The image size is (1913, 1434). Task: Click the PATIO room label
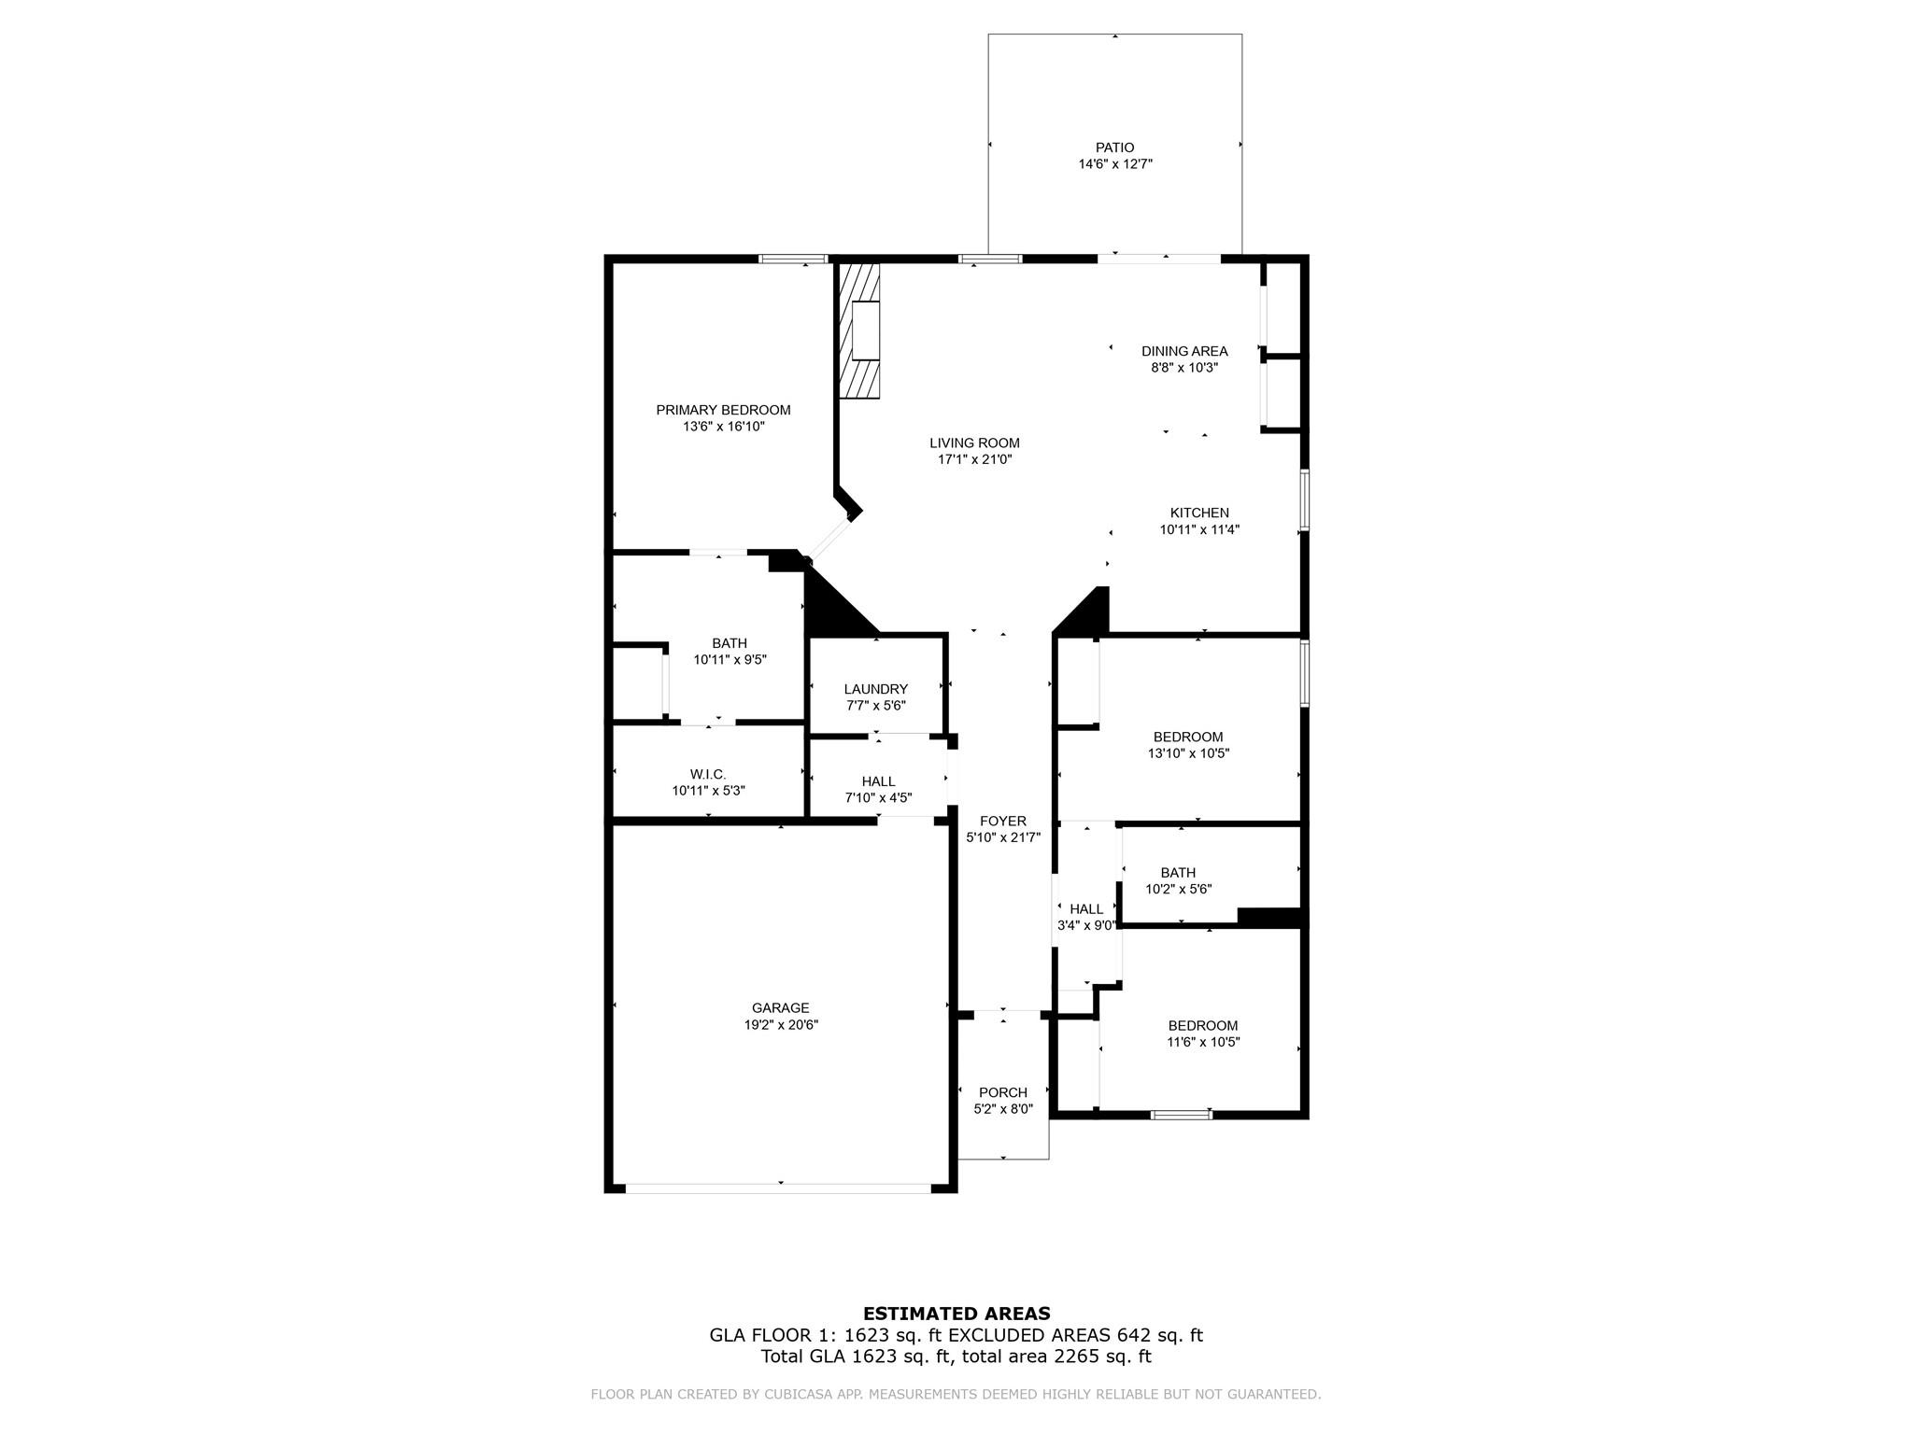click(1114, 148)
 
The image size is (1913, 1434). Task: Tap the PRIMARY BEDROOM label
click(723, 410)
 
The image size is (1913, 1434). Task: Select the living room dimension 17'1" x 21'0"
click(974, 459)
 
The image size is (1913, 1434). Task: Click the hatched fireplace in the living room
click(860, 331)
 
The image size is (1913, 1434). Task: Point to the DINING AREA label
click(1183, 351)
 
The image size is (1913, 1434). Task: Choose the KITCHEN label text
click(1199, 513)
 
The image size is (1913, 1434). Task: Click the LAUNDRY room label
click(875, 689)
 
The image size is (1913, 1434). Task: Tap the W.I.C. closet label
click(708, 774)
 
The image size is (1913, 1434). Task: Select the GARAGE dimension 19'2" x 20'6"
click(780, 1024)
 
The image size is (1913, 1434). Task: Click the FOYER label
click(1003, 821)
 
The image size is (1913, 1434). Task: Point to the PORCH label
click(1003, 1092)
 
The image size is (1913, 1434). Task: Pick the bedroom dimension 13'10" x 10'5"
click(1188, 753)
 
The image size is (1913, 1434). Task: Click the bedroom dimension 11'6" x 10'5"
click(1203, 1042)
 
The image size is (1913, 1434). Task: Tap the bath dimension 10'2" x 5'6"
click(1178, 889)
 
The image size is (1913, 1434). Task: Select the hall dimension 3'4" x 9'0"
click(1086, 925)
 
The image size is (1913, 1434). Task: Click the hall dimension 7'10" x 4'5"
click(878, 798)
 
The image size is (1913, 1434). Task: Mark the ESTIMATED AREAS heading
click(956, 1314)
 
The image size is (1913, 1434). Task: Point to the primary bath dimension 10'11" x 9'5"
click(730, 659)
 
